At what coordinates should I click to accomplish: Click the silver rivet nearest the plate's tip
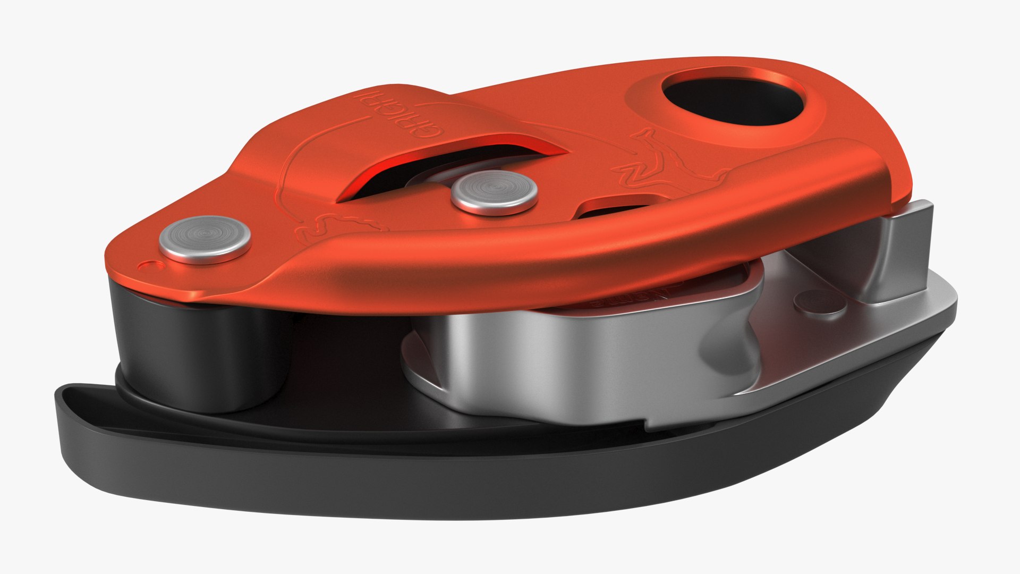[x=205, y=239]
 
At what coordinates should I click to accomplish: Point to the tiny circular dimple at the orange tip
[x=146, y=265]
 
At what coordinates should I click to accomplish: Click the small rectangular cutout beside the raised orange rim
[x=616, y=207]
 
